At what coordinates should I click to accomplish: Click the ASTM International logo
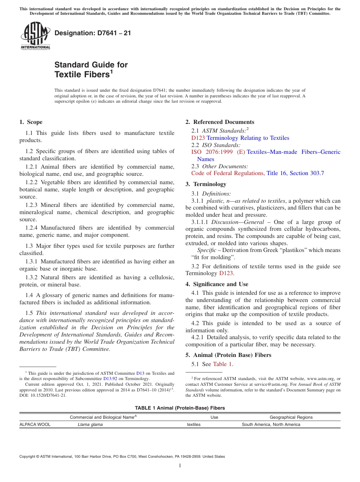click(x=35, y=36)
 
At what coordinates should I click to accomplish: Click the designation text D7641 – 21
click(x=92, y=33)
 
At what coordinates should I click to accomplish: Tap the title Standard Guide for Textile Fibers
click(x=91, y=69)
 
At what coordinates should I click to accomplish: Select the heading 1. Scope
click(x=31, y=122)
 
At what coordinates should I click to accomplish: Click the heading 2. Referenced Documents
click(x=219, y=122)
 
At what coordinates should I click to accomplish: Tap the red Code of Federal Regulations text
click(x=227, y=173)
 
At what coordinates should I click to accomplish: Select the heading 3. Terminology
click(x=206, y=184)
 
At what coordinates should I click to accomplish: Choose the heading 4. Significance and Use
click(x=217, y=284)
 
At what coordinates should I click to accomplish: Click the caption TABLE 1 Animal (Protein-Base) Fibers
click(x=180, y=408)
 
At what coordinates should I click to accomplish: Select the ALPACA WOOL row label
click(x=35, y=424)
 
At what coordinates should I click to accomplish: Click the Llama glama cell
click(x=90, y=424)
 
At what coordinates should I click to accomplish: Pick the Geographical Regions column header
click(x=291, y=417)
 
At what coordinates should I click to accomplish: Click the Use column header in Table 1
click(x=214, y=417)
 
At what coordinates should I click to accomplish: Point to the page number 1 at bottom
click(x=180, y=465)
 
